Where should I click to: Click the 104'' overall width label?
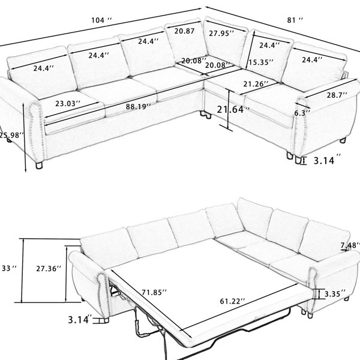tap(101, 20)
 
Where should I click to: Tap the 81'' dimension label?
tap(295, 20)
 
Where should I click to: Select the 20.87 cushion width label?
tap(184, 31)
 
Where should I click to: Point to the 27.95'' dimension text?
tap(221, 33)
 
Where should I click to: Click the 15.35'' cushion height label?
tap(261, 62)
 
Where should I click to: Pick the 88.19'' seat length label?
tap(138, 107)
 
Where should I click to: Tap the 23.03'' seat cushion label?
tap(68, 104)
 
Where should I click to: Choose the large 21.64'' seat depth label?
tap(233, 110)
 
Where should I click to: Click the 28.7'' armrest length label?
tap(337, 95)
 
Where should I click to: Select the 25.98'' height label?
tap(11, 135)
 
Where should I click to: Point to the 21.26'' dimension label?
tap(256, 84)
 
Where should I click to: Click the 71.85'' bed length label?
tap(154, 293)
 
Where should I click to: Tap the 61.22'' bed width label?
tap(232, 301)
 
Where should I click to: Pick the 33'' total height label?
tap(9, 268)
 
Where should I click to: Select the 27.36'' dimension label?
tap(49, 268)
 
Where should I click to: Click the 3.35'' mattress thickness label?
tap(335, 294)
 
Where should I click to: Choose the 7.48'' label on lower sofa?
tap(350, 245)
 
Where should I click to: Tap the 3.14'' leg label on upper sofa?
tap(327, 160)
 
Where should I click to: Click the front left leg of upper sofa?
tap(39, 166)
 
